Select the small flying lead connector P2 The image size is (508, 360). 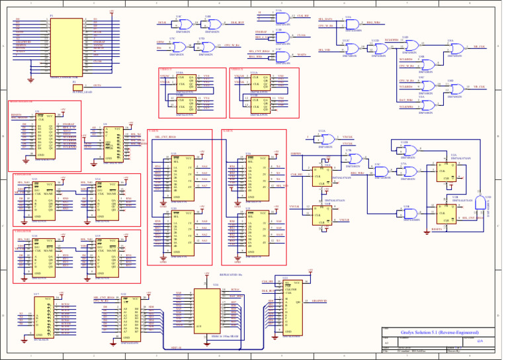tap(77, 87)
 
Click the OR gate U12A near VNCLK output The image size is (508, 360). tap(325, 140)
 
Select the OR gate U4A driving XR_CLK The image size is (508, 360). tap(452, 47)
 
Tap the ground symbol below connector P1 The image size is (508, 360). tap(31, 81)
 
